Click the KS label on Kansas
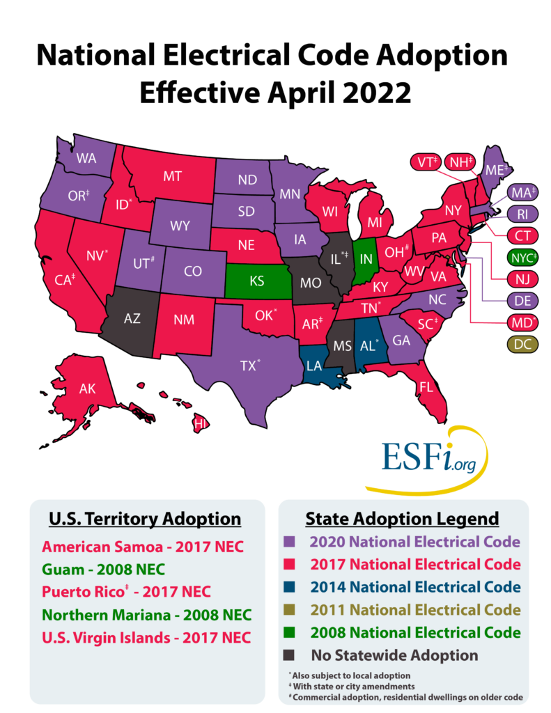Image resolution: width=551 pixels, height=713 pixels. coord(256,282)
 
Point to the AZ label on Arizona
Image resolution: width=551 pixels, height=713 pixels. coord(132,318)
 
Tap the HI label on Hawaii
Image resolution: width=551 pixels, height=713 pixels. coord(200,423)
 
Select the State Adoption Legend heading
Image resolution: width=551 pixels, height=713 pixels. coord(402,519)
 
